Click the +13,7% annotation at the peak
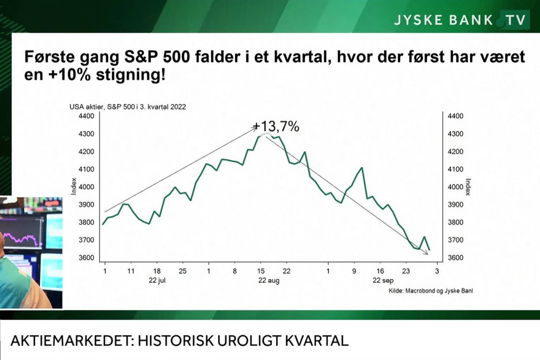[x=276, y=127]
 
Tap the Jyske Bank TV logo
[x=460, y=20]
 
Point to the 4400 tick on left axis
[x=87, y=116]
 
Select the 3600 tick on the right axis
[x=455, y=258]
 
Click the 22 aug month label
[x=269, y=281]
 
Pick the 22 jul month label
[x=157, y=281]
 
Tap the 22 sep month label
[x=383, y=281]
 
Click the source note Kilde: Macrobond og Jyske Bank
[x=431, y=291]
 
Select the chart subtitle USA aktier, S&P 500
[x=128, y=107]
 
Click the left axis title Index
[x=74, y=186]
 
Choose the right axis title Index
[x=467, y=187]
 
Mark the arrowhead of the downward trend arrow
[x=426, y=253]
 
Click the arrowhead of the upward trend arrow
[x=254, y=128]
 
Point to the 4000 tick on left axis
[x=87, y=187]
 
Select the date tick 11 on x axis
[x=131, y=271]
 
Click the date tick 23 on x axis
[x=406, y=271]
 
